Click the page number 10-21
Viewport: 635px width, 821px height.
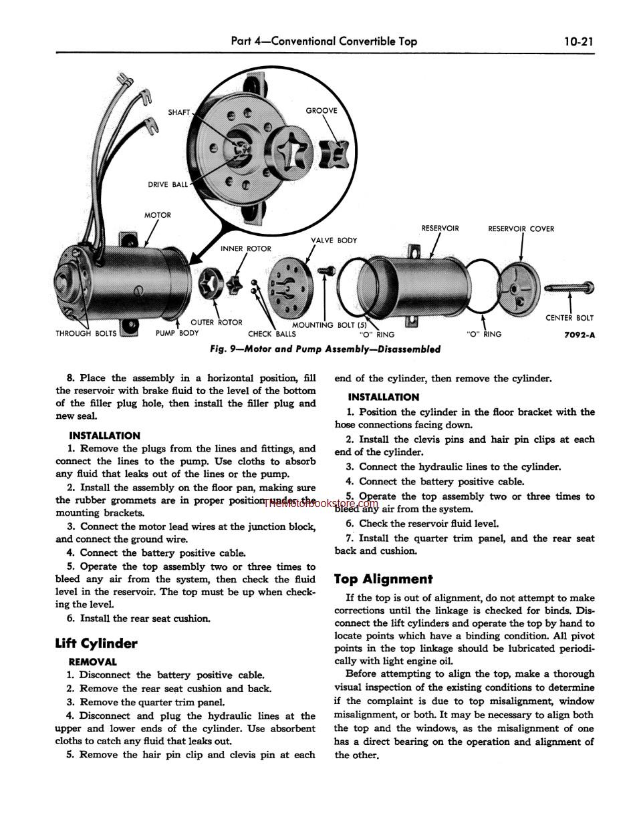click(x=578, y=41)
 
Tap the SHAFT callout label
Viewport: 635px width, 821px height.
click(x=179, y=112)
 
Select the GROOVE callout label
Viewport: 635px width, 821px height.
click(x=322, y=110)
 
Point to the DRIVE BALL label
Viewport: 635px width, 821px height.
click(x=168, y=184)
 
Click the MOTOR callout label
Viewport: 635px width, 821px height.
click(x=158, y=215)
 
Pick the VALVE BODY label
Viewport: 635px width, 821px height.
click(x=334, y=240)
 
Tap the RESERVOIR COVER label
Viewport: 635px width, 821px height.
click(x=521, y=228)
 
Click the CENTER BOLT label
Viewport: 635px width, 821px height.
click(x=569, y=318)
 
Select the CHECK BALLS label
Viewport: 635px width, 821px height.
click(x=271, y=334)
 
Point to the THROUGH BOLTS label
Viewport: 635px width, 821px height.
click(x=86, y=333)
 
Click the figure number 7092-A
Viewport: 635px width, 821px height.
click(x=578, y=335)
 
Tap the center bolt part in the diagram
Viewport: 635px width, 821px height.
click(x=569, y=288)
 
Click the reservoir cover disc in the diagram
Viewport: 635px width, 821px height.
click(x=519, y=289)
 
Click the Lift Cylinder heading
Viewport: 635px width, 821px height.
click(x=96, y=643)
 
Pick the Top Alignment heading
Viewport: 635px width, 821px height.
click(x=383, y=579)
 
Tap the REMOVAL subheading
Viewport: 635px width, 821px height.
click(x=92, y=662)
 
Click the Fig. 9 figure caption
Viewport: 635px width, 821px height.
click(x=325, y=349)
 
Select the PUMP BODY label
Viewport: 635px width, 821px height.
click(x=177, y=333)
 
